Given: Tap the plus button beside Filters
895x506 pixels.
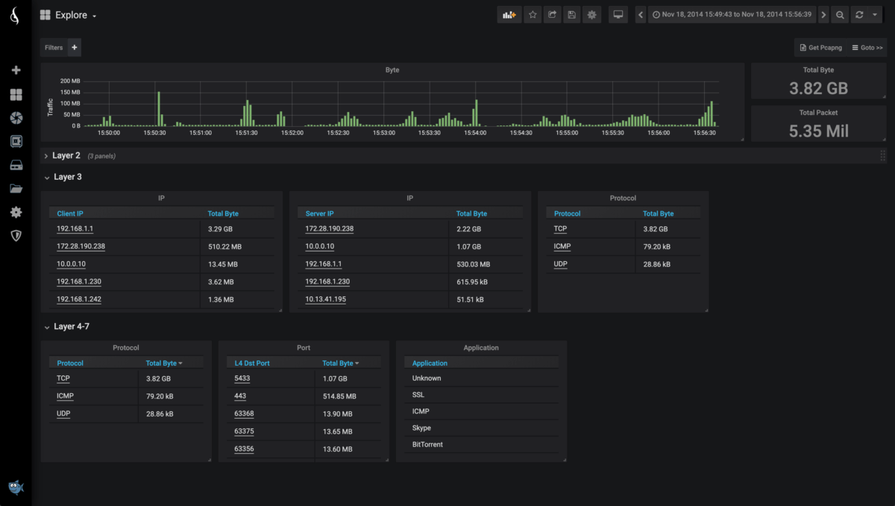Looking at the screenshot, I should pyautogui.click(x=74, y=48).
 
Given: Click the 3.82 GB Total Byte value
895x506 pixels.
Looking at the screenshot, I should pyautogui.click(x=818, y=88).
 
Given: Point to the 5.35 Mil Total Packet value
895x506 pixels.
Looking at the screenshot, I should pyautogui.click(x=818, y=131).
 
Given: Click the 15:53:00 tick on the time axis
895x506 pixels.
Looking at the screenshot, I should pyautogui.click(x=383, y=133).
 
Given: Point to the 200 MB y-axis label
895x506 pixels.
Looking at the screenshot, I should pyautogui.click(x=70, y=81).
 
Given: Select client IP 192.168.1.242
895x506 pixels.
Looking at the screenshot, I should pyautogui.click(x=79, y=299).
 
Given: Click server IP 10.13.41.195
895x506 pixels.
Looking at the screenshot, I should pyautogui.click(x=325, y=299).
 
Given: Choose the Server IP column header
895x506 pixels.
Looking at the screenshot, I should pyautogui.click(x=320, y=213).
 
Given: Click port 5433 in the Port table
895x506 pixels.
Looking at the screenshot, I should pyautogui.click(x=242, y=378).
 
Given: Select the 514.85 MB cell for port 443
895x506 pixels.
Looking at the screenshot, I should pyautogui.click(x=339, y=396).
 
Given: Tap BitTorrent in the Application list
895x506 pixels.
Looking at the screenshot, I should pyautogui.click(x=427, y=445).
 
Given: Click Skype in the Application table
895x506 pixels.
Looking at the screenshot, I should pyautogui.click(x=421, y=428).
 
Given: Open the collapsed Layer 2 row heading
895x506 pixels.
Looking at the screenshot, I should pyautogui.click(x=66, y=156).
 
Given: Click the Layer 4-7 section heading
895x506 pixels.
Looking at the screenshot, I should pyautogui.click(x=71, y=327).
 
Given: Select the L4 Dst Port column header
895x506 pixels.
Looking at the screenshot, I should pyautogui.click(x=252, y=363).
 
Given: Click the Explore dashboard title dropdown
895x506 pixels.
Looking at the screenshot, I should pyautogui.click(x=69, y=15).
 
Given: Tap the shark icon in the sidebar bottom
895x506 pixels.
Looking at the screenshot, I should pyautogui.click(x=16, y=487).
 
